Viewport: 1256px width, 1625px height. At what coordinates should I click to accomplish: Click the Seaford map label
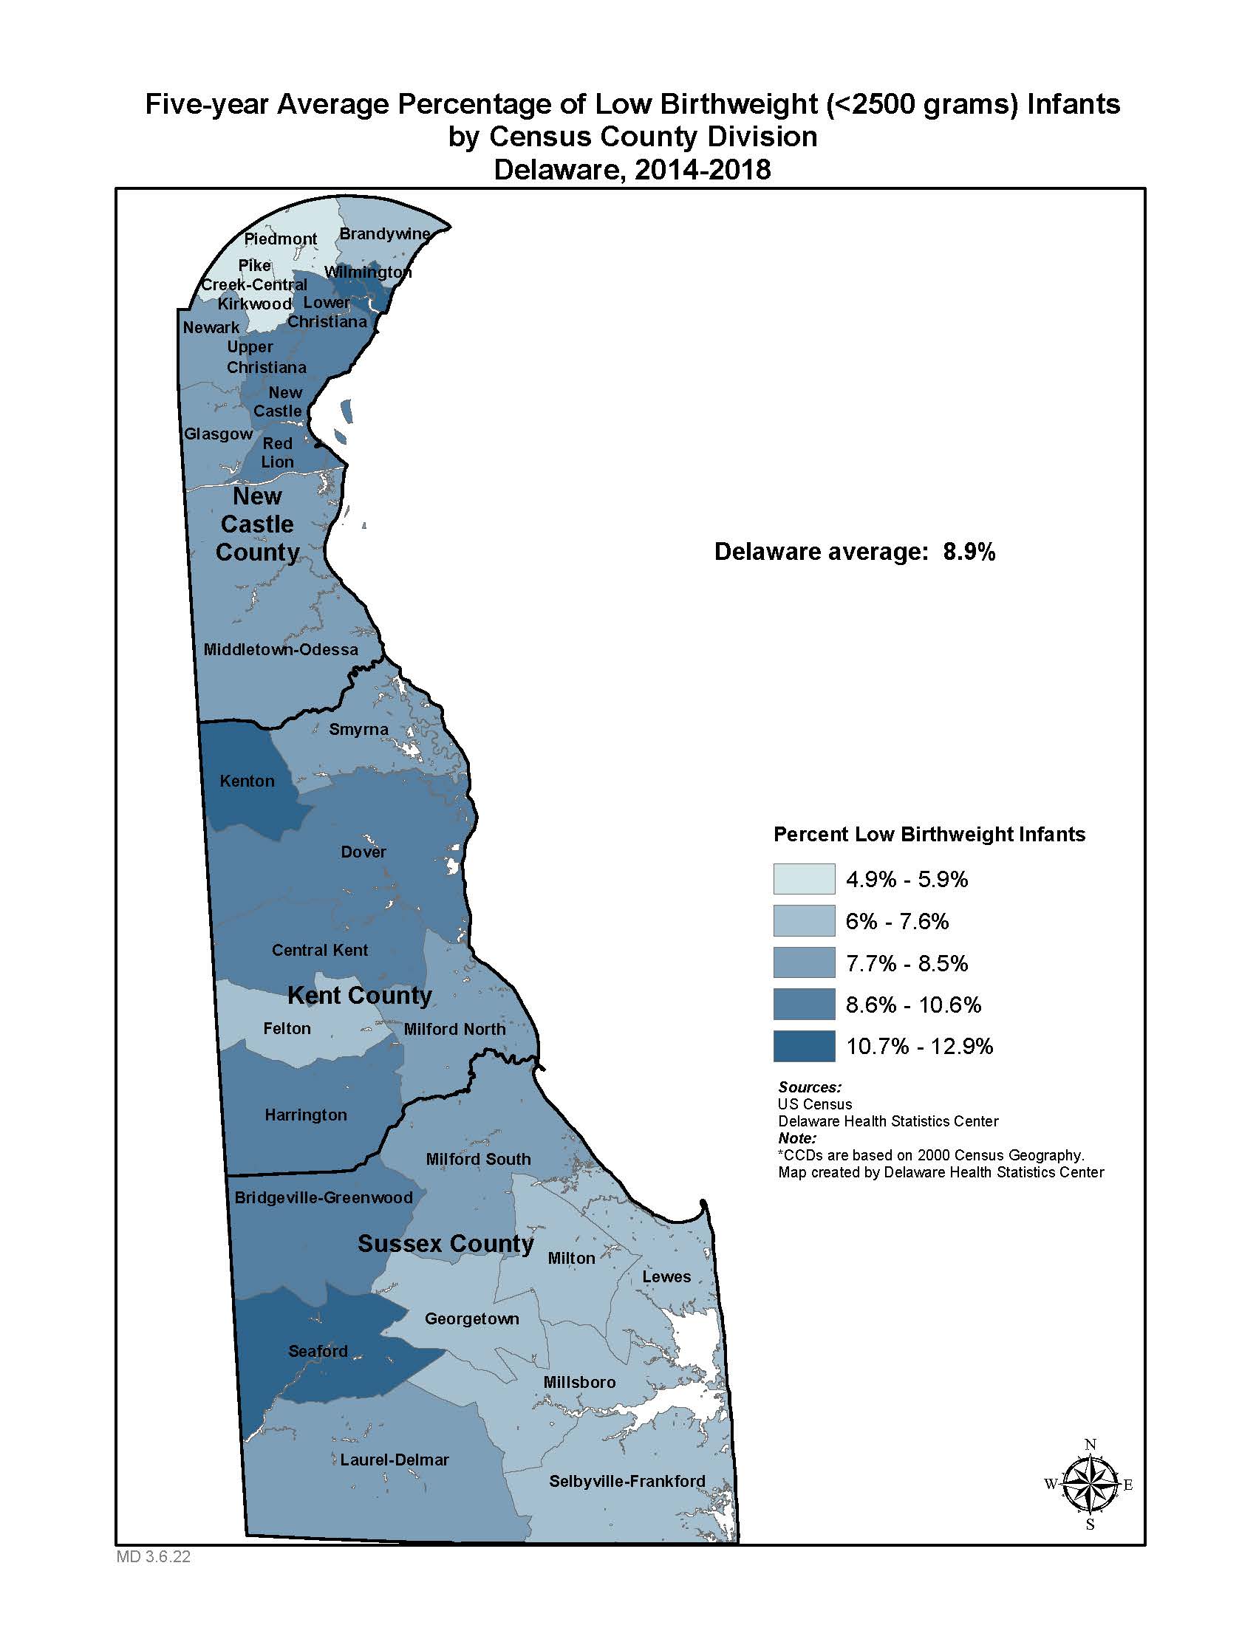(318, 1350)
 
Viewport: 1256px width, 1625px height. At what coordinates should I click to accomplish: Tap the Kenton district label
(247, 781)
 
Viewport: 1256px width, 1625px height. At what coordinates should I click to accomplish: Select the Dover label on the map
(363, 852)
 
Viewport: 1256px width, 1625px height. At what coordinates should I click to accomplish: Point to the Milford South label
(478, 1158)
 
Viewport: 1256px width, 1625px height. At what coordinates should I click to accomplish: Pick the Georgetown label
(472, 1318)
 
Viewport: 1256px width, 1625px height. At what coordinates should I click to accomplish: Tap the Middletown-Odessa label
(281, 649)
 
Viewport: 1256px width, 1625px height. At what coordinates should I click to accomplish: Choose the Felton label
(287, 1028)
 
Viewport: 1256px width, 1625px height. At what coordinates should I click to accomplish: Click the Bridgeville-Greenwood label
(323, 1197)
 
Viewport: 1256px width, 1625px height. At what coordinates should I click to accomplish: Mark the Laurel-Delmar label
(395, 1459)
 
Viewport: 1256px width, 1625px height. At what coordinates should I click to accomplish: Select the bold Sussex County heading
(446, 1243)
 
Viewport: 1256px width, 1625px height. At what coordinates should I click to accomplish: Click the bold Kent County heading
(359, 995)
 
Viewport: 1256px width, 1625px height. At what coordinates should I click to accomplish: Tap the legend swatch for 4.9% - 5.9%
(804, 879)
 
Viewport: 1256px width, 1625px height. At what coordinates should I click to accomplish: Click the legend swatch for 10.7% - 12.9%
(804, 1045)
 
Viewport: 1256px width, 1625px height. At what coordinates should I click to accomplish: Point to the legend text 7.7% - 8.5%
(907, 963)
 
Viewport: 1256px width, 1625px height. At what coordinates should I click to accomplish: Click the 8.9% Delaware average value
(969, 551)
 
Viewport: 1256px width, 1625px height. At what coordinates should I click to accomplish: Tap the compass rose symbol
(1089, 1485)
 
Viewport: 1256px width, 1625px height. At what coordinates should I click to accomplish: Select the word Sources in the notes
(809, 1087)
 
